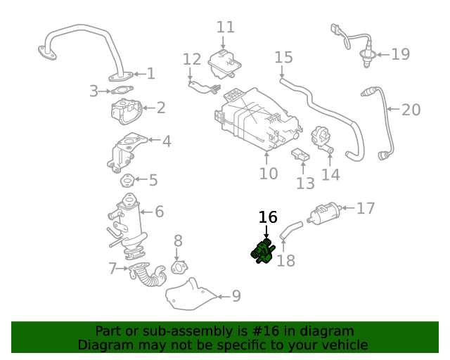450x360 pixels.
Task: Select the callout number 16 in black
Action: click(x=268, y=217)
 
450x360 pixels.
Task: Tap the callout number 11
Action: click(x=226, y=27)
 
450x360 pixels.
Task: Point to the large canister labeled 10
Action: click(x=250, y=120)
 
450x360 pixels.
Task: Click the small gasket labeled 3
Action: click(x=123, y=90)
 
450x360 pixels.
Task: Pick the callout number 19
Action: click(x=400, y=53)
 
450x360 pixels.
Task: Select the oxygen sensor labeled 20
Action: click(x=380, y=120)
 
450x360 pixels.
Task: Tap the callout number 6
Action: click(x=159, y=211)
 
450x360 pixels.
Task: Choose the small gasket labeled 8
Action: click(x=180, y=267)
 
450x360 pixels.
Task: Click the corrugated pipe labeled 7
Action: click(x=148, y=274)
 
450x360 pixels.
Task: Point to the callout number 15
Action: click(x=283, y=57)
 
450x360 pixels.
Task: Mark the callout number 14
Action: click(x=330, y=174)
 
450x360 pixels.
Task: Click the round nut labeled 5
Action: click(x=127, y=181)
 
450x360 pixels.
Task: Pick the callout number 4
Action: click(x=166, y=141)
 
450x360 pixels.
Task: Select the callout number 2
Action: click(x=161, y=108)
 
